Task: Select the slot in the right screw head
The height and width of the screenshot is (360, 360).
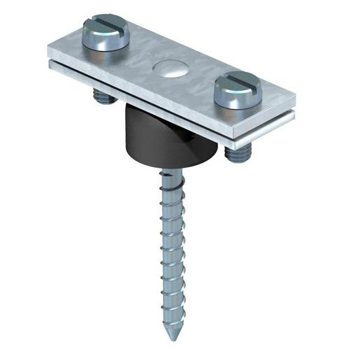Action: (238, 85)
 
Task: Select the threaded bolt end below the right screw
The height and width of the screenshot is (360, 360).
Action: (234, 153)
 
